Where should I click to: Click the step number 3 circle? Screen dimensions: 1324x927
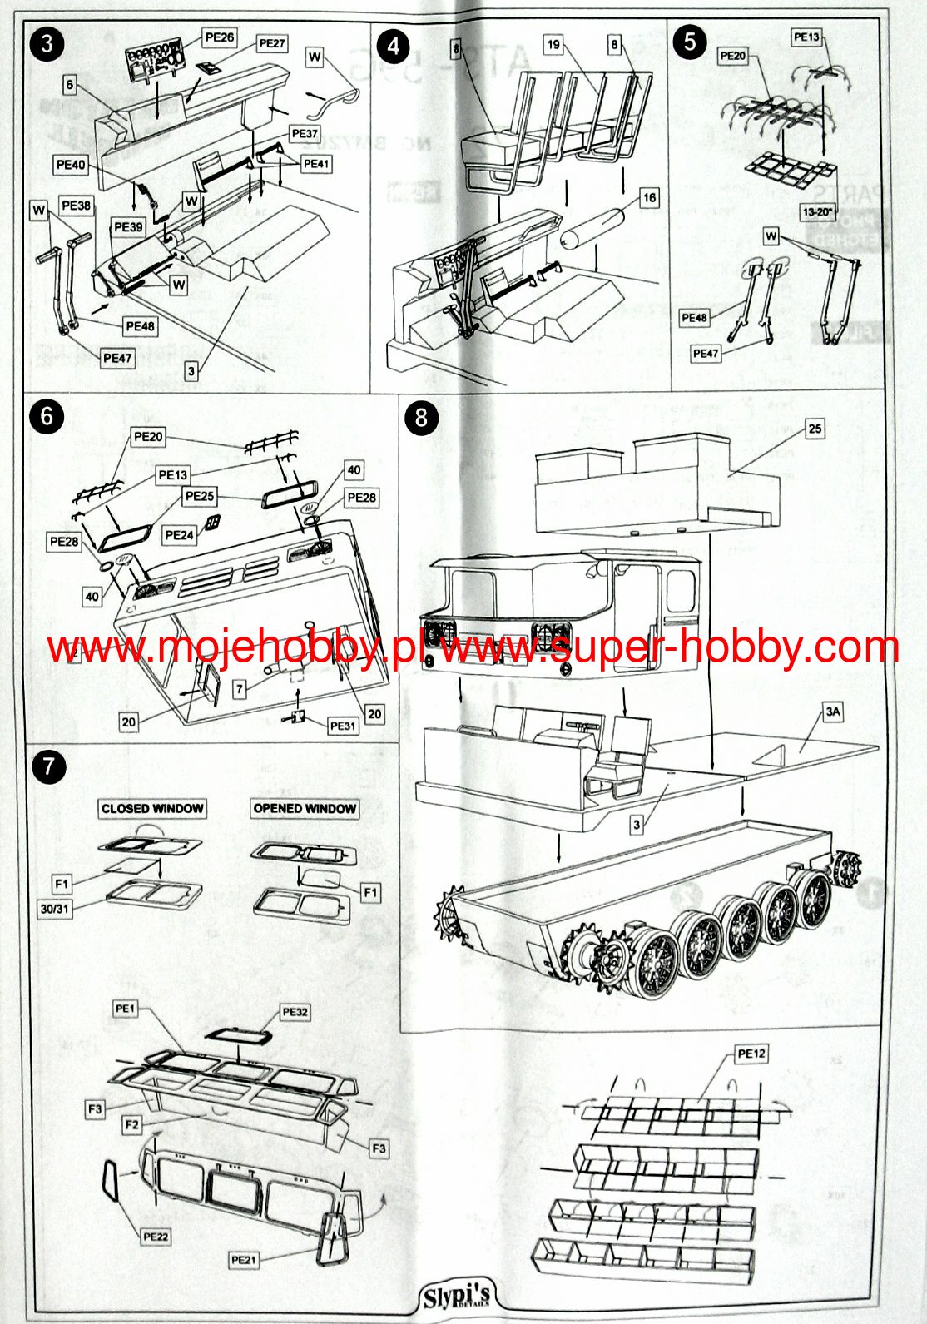click(x=47, y=43)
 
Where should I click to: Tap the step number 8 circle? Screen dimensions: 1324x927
click(x=421, y=418)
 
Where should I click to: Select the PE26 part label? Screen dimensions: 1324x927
click(x=219, y=37)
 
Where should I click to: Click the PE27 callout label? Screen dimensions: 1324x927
click(x=272, y=43)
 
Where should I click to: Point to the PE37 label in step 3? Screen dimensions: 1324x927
click(x=305, y=133)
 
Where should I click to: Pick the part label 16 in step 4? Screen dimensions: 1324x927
click(x=649, y=197)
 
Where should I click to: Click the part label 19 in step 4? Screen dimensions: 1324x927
click(x=554, y=44)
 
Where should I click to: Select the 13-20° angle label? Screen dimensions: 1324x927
click(x=818, y=211)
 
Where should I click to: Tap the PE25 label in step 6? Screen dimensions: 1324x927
click(x=200, y=496)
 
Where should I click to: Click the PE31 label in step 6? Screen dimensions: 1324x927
click(x=343, y=726)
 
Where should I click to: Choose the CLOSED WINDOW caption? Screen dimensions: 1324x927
click(x=152, y=808)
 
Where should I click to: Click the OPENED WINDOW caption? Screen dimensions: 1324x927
click(x=305, y=808)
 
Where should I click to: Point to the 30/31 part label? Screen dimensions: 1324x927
click(x=55, y=909)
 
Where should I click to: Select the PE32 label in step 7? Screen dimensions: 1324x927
click(x=295, y=1012)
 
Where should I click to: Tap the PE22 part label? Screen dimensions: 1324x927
click(x=156, y=1237)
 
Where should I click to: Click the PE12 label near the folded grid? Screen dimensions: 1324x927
click(x=751, y=1054)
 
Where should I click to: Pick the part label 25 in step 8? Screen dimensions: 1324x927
click(x=815, y=429)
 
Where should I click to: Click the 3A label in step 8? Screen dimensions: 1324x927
click(x=833, y=712)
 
